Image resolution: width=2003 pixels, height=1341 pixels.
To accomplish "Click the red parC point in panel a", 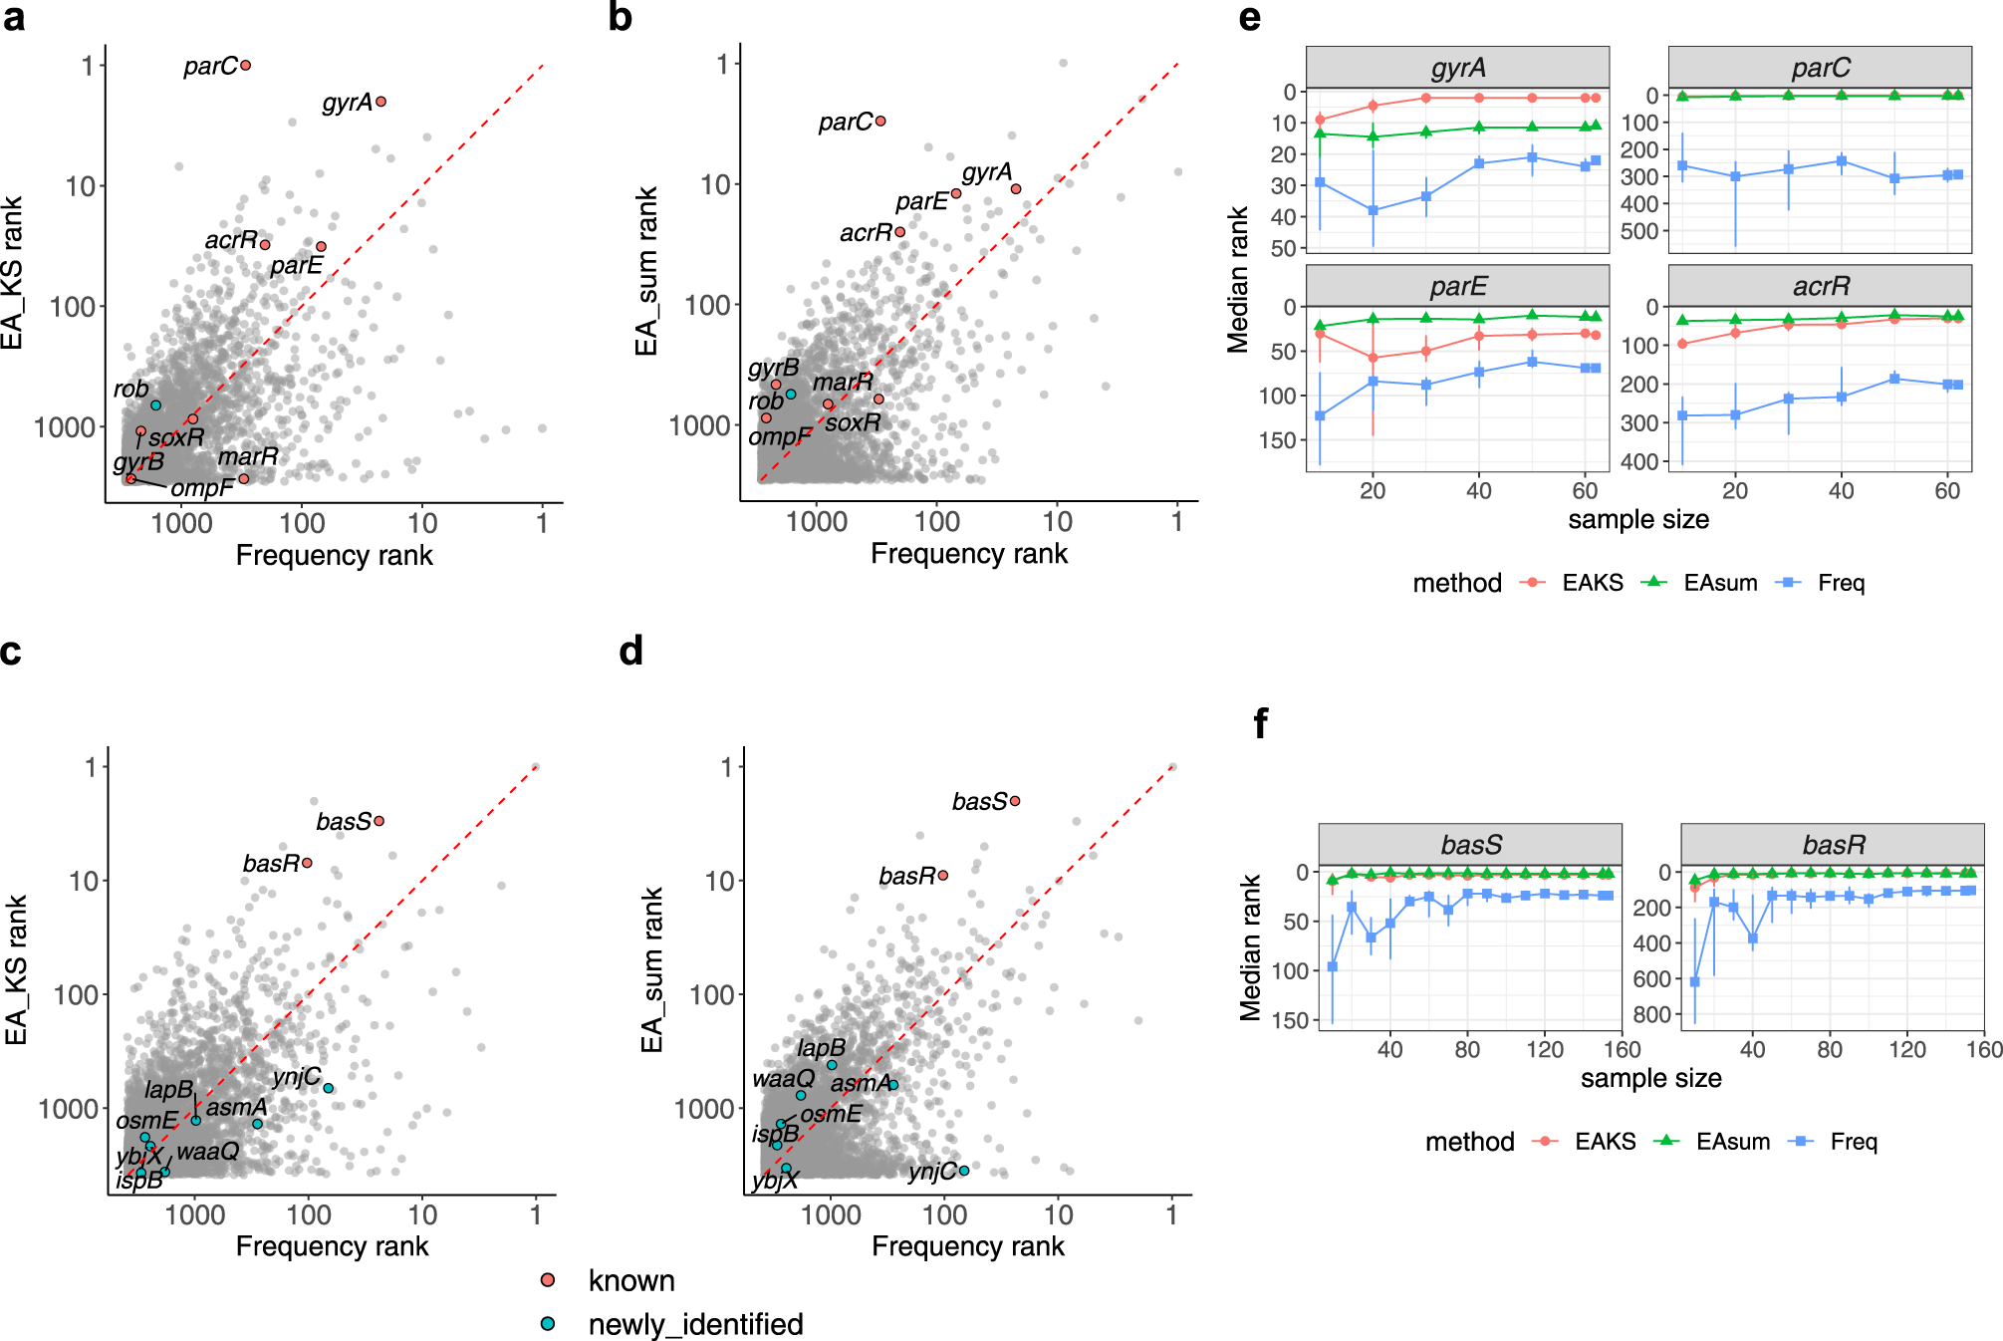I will (x=246, y=66).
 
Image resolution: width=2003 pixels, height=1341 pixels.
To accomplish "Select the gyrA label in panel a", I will (x=347, y=103).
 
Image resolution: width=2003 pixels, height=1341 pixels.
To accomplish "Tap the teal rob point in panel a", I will (x=156, y=405).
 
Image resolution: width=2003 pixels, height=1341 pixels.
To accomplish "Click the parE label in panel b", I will (x=921, y=202).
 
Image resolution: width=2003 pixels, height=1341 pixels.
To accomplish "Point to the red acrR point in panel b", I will (x=900, y=232).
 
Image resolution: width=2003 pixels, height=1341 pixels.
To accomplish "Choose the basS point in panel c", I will (x=379, y=821).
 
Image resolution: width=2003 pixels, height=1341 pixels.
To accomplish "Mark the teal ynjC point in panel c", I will (x=329, y=1088).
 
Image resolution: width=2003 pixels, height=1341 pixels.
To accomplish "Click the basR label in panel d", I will (x=906, y=876).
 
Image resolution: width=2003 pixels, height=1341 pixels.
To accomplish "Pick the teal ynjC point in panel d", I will (x=964, y=1171).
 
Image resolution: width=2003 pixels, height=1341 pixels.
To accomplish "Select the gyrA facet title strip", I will (x=1457, y=68).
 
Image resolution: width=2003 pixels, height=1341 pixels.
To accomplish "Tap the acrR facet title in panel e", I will (x=1821, y=287).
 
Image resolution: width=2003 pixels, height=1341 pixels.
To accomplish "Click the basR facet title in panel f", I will (x=1834, y=845).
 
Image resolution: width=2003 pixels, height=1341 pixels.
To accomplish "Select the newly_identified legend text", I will (x=695, y=1324).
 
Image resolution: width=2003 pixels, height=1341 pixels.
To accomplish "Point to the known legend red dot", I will (x=548, y=1280).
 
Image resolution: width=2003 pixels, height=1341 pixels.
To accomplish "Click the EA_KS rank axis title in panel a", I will (x=13, y=273).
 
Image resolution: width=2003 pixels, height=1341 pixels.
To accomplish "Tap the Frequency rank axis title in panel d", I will (x=967, y=1246).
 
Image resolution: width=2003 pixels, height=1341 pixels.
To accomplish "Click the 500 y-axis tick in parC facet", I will (x=1639, y=231).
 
